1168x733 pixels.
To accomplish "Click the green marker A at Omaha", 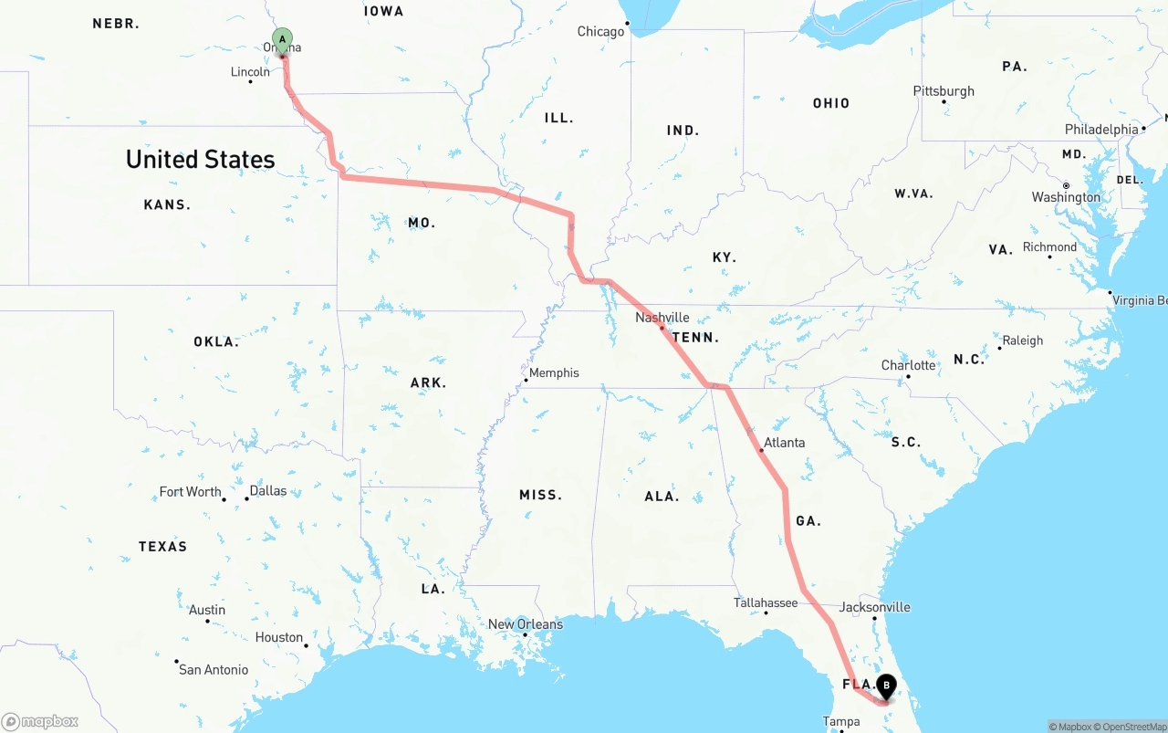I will coord(283,39).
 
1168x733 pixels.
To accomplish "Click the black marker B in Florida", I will coord(886,684).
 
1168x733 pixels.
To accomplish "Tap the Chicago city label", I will coord(600,32).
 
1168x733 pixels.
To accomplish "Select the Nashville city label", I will coord(662,318).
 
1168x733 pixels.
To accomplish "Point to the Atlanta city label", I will coord(784,443).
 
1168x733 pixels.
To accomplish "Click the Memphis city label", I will coord(554,372).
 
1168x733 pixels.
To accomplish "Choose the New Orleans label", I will coord(526,624).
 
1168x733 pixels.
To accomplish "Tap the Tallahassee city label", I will coord(766,602).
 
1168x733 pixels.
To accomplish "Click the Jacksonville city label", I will coord(874,607).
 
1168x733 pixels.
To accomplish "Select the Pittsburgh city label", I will coord(944,91).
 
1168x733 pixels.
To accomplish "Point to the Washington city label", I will coord(1066,197).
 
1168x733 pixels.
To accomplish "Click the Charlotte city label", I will coord(908,365).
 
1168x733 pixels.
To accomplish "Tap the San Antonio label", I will coord(214,669).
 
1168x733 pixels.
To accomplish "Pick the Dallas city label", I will coord(267,491).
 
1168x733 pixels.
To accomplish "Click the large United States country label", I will coord(200,159).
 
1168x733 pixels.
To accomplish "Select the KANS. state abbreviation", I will coord(167,204).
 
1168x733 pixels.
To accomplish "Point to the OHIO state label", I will coord(831,103).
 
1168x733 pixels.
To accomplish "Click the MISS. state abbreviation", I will coord(540,495).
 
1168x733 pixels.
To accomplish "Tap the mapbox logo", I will coord(40,721).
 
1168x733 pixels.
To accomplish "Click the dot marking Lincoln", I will coord(251,82).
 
